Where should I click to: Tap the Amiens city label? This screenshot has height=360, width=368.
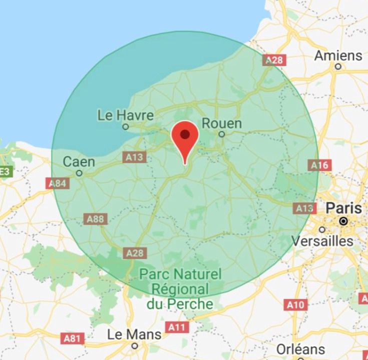tap(338, 55)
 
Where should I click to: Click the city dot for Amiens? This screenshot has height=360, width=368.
tap(338, 66)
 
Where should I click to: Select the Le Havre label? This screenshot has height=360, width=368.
tap(125, 115)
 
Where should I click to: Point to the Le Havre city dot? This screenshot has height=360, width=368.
tap(126, 126)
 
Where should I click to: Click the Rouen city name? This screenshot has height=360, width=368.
tap(221, 123)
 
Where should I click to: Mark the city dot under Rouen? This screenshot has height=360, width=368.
tap(221, 134)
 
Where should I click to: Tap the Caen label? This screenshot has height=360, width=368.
tap(79, 161)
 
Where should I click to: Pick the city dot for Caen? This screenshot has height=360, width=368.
tap(79, 173)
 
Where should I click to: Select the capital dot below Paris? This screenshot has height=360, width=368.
tap(343, 220)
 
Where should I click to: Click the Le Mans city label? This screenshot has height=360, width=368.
tap(134, 334)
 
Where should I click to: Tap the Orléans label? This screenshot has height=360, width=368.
tap(300, 348)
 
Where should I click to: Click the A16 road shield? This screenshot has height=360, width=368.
tap(319, 165)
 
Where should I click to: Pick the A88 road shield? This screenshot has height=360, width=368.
tap(95, 218)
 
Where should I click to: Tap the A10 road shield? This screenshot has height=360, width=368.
tap(295, 304)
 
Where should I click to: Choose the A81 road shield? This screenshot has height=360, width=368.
tap(72, 338)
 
